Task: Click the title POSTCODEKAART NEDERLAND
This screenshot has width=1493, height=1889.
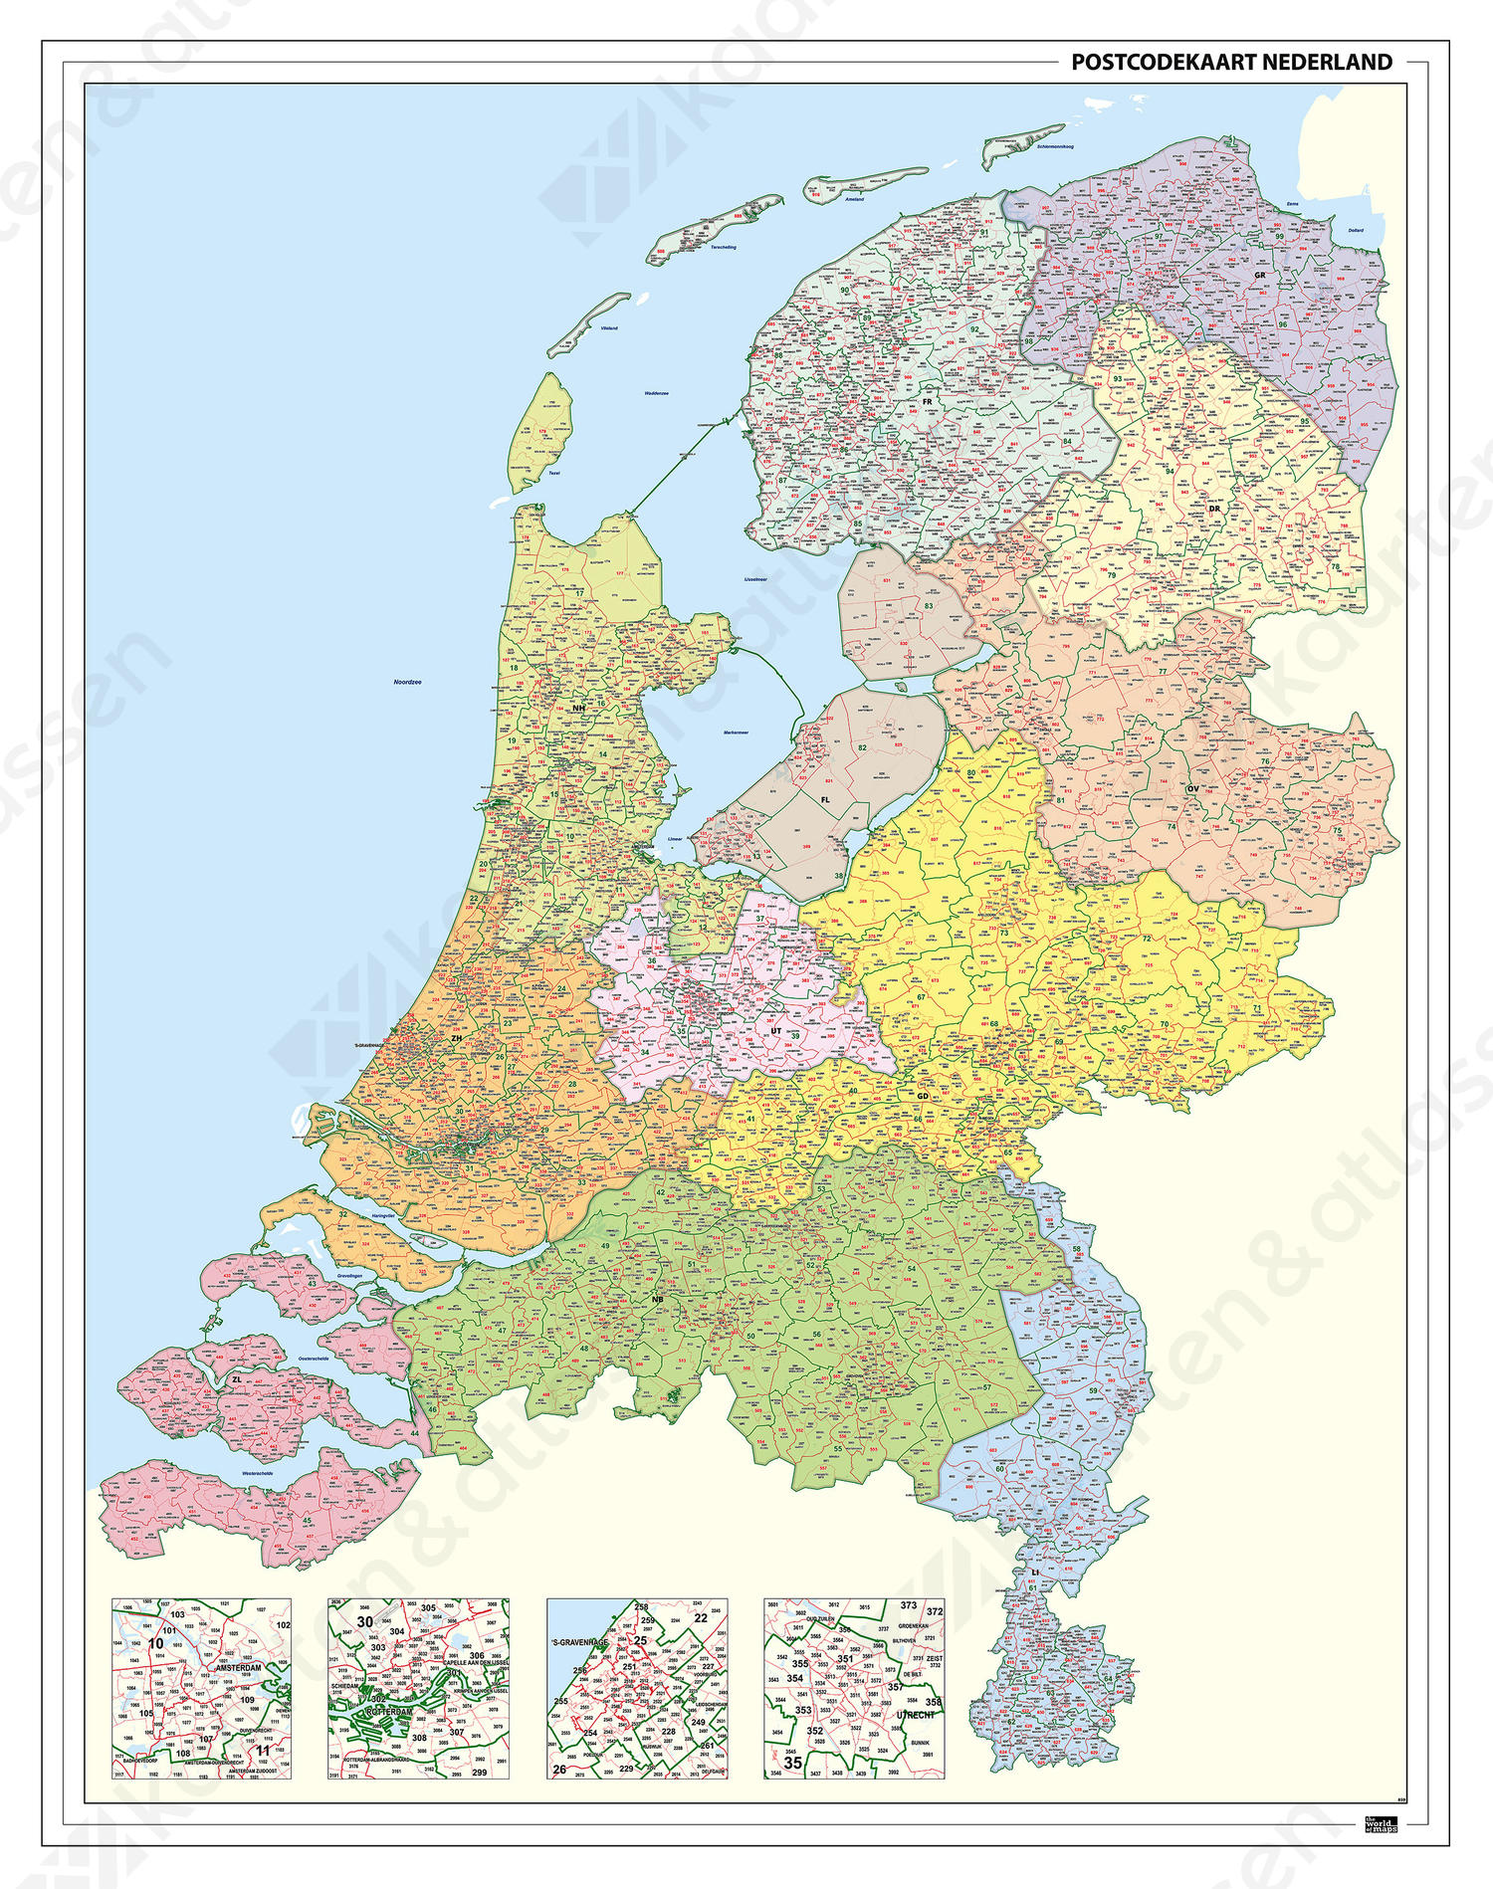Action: [1231, 63]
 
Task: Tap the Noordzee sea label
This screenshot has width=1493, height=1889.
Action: [407, 683]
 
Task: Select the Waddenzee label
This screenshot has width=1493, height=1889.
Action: [656, 393]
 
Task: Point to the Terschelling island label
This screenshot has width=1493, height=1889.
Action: [724, 247]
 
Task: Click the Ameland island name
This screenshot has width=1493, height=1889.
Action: [854, 199]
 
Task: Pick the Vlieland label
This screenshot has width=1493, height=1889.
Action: [608, 327]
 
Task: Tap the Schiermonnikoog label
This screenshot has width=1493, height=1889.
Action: [1055, 147]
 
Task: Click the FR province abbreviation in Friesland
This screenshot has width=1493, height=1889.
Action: [927, 402]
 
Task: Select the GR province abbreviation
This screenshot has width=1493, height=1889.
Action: [1259, 276]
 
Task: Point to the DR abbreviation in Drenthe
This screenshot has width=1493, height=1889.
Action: [1214, 509]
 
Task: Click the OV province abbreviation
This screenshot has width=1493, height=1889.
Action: [1192, 789]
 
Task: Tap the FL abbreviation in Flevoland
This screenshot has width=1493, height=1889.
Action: [825, 799]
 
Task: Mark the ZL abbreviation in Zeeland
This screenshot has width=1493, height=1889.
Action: [236, 1379]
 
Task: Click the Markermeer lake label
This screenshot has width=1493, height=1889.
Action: [736, 733]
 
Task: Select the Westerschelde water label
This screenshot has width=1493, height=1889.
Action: [257, 1474]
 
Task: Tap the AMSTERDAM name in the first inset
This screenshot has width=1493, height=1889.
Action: [238, 1668]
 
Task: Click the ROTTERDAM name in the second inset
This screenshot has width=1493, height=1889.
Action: [388, 1712]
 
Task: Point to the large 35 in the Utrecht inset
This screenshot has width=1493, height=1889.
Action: [792, 1762]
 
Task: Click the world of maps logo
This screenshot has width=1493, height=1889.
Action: [1381, 1824]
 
